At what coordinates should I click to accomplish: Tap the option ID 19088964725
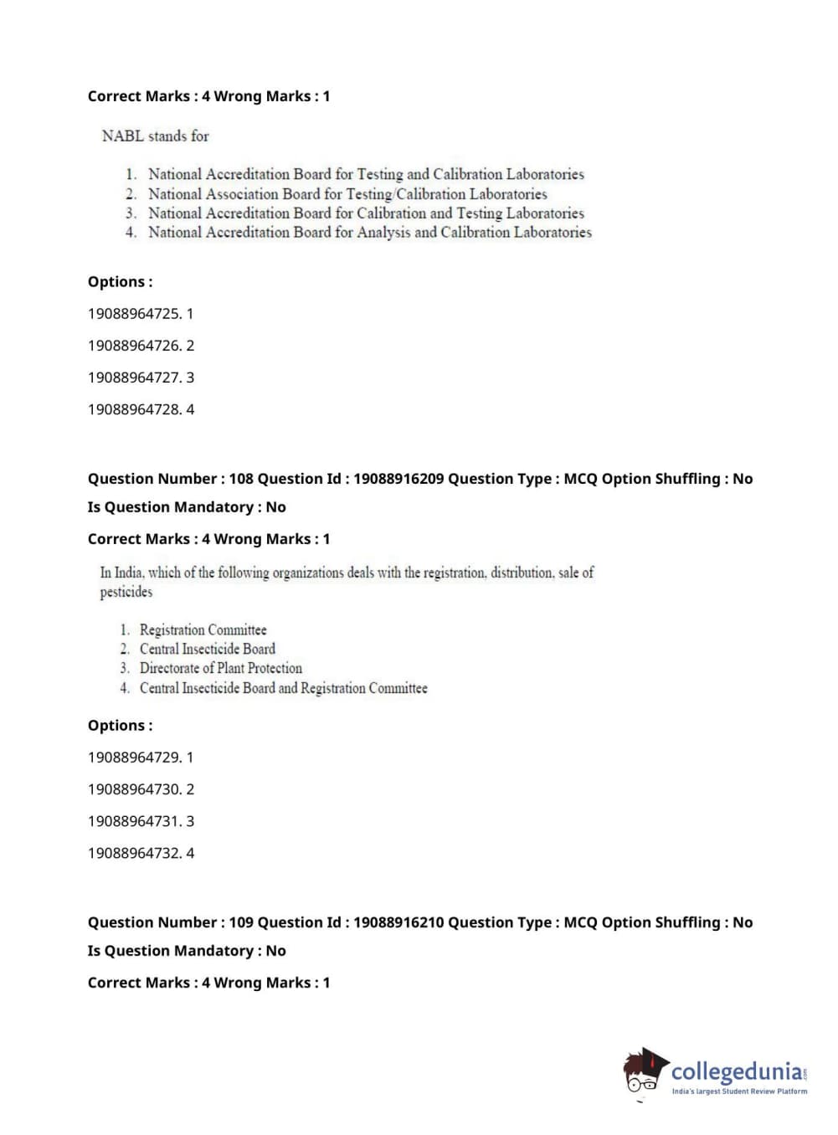point(134,314)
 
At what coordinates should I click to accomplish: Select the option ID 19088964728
point(134,409)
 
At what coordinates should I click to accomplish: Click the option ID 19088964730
point(134,789)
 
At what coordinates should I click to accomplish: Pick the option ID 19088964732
point(134,853)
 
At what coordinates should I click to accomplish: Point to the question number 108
point(241,479)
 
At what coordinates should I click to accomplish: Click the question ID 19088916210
point(398,922)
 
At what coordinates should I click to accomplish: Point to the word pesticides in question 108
point(126,592)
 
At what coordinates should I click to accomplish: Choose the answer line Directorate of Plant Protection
point(220,668)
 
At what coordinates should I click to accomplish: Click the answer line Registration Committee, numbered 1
point(203,629)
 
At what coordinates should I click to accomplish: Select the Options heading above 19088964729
point(121,726)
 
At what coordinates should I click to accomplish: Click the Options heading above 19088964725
point(121,282)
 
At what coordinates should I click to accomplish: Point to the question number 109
point(241,922)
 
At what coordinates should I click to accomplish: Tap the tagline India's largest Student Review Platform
point(739,1091)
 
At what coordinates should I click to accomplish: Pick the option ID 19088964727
point(134,377)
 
